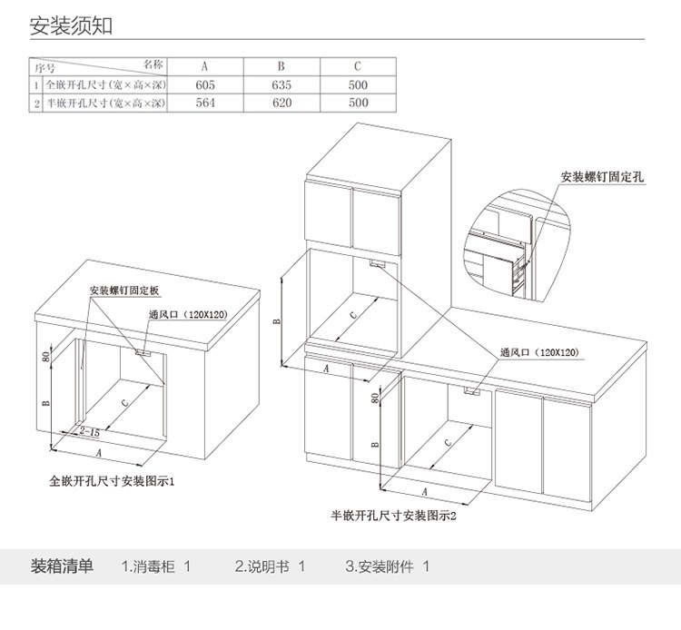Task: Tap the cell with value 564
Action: coord(204,103)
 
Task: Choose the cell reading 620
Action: coord(281,103)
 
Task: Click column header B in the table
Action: coord(281,66)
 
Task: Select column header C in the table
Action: coord(358,66)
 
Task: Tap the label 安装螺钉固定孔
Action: coord(602,176)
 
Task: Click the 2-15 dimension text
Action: coord(90,432)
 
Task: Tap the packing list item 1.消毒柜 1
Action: coord(156,566)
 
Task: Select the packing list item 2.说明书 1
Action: coord(270,566)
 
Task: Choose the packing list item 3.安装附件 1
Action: coord(387,566)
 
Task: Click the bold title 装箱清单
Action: coord(62,566)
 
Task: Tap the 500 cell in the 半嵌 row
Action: coord(358,103)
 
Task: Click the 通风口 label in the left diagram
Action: coord(187,314)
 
